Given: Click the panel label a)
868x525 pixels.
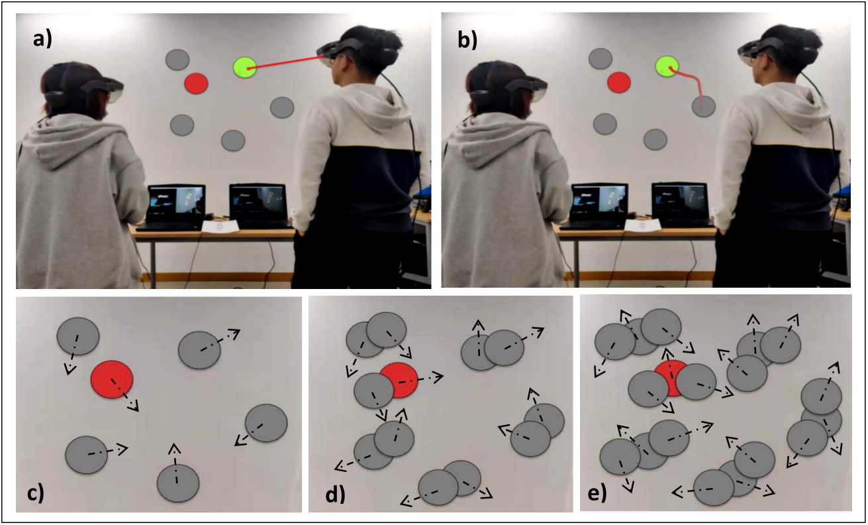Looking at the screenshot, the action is (x=42, y=39).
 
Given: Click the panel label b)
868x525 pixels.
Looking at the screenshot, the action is (x=467, y=40).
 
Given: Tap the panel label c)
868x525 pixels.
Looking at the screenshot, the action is (x=35, y=494).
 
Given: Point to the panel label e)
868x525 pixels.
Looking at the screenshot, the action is (x=597, y=494).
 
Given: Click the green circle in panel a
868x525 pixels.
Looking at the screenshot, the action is (x=245, y=68).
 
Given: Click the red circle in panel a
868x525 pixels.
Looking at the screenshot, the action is (x=196, y=83).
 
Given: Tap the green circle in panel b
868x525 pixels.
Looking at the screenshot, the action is (x=667, y=66).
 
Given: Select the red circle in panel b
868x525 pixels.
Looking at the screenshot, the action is (x=619, y=82).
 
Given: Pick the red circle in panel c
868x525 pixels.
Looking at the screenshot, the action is (x=112, y=379).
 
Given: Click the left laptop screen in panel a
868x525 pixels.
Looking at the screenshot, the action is (x=177, y=201).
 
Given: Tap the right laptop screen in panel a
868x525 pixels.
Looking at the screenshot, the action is (x=258, y=201).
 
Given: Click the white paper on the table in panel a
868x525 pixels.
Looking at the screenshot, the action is (x=220, y=227).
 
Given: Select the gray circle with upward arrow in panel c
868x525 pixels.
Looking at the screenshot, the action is (x=178, y=483).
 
